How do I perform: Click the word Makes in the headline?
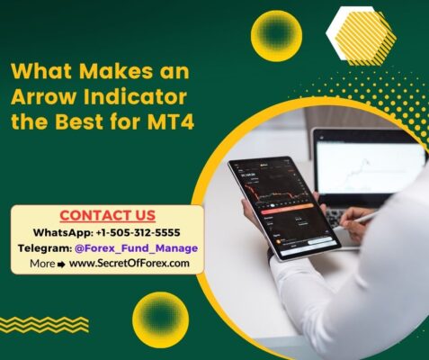pos(116,71)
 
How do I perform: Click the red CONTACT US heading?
pos(108,215)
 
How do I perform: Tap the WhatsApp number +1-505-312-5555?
pos(139,232)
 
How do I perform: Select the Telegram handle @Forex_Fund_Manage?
pos(137,248)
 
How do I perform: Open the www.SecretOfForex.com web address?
pos(130,264)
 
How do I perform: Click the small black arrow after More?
pos(61,265)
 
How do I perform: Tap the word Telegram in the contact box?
pos(45,248)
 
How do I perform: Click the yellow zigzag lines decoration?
pos(44,325)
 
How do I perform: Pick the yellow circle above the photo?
pos(276,36)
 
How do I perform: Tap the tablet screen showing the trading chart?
pos(283,208)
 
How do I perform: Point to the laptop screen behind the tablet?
pos(371,168)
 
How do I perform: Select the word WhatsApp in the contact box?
pos(61,233)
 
